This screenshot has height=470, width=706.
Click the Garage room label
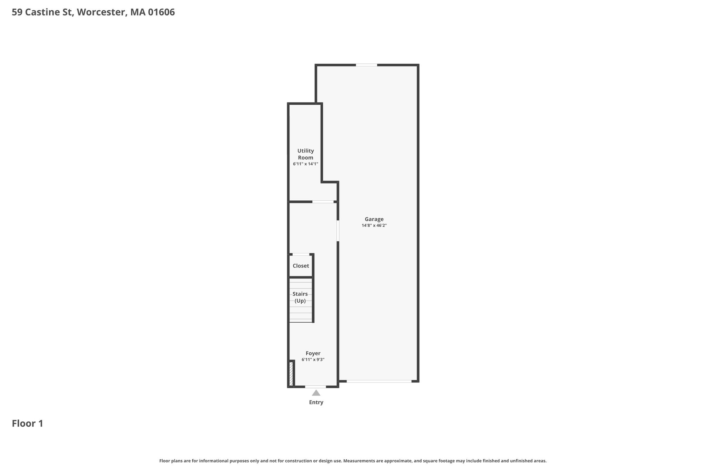pos(374,219)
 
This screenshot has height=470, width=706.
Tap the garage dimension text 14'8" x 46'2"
pos(374,226)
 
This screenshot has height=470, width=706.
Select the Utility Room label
pos(306,154)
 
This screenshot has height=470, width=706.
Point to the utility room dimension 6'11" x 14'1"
pos(305,164)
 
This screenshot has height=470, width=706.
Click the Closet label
pos(301,266)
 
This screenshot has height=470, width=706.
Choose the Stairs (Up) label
pos(300,297)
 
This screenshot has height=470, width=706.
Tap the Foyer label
pos(313,353)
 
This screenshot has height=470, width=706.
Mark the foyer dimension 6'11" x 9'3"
pos(313,360)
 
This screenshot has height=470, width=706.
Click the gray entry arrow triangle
pos(316,393)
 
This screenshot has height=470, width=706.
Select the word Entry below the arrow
pos(316,402)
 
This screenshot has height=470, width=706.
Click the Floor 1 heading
pos(28,424)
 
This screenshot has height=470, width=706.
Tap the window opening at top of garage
pos(366,65)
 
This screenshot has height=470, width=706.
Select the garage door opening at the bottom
pos(379,381)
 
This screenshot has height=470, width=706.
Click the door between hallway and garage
pos(338,231)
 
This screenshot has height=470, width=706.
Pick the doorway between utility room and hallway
pos(323,202)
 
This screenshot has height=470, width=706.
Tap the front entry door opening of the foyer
pos(315,387)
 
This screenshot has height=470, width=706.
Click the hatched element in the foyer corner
pos(291,374)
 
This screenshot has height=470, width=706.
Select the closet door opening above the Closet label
pos(301,254)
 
